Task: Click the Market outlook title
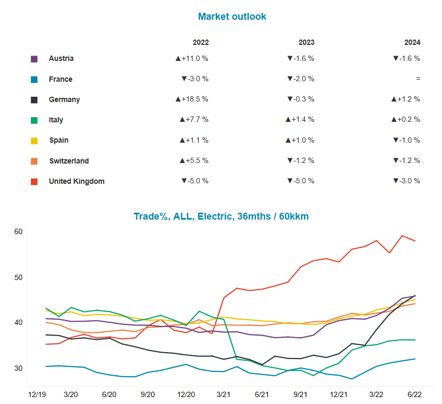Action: (x=232, y=17)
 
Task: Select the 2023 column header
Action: (x=306, y=43)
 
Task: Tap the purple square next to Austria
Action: (x=34, y=59)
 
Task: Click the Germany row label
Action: (x=64, y=99)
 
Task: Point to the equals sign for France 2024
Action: (x=418, y=79)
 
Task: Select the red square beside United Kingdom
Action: (x=34, y=182)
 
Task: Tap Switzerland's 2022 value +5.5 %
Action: (x=193, y=161)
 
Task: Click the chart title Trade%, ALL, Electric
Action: (x=221, y=216)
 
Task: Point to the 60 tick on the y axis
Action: (x=18, y=231)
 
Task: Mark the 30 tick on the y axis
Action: (x=18, y=368)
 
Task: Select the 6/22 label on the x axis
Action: (x=415, y=394)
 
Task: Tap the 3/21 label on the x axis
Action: (x=224, y=394)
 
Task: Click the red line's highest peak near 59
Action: (x=402, y=236)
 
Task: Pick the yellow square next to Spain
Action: (x=34, y=141)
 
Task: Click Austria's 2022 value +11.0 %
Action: (x=191, y=59)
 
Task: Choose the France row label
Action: (x=60, y=79)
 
